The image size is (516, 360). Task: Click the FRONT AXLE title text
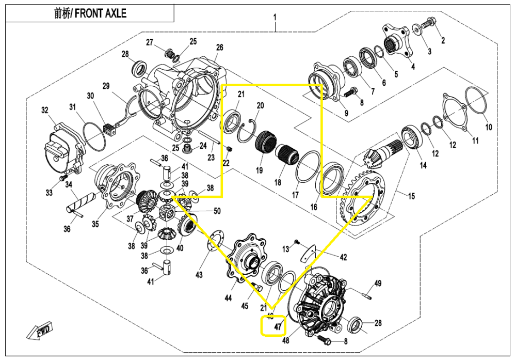point(90,14)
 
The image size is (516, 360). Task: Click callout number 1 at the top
point(275,17)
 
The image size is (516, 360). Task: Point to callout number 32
point(45,110)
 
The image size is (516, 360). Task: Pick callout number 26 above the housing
point(219,48)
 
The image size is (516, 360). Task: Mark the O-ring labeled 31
point(91,136)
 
